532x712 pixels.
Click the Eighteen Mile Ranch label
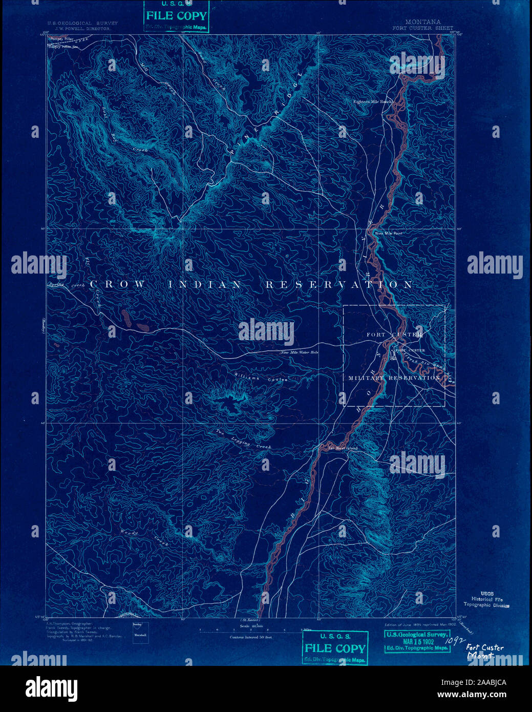click(x=373, y=102)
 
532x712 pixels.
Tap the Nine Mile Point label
click(x=389, y=234)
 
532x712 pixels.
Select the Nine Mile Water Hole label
click(x=299, y=352)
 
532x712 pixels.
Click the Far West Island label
click(x=343, y=448)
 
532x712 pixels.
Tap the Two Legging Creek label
click(x=243, y=439)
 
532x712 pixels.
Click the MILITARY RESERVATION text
click(x=394, y=378)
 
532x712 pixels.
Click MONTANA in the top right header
click(x=423, y=22)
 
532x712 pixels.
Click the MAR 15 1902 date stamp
click(x=417, y=641)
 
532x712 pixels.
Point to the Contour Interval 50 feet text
click(x=251, y=637)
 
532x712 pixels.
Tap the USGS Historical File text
click(x=486, y=599)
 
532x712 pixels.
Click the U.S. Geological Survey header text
click(x=82, y=23)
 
